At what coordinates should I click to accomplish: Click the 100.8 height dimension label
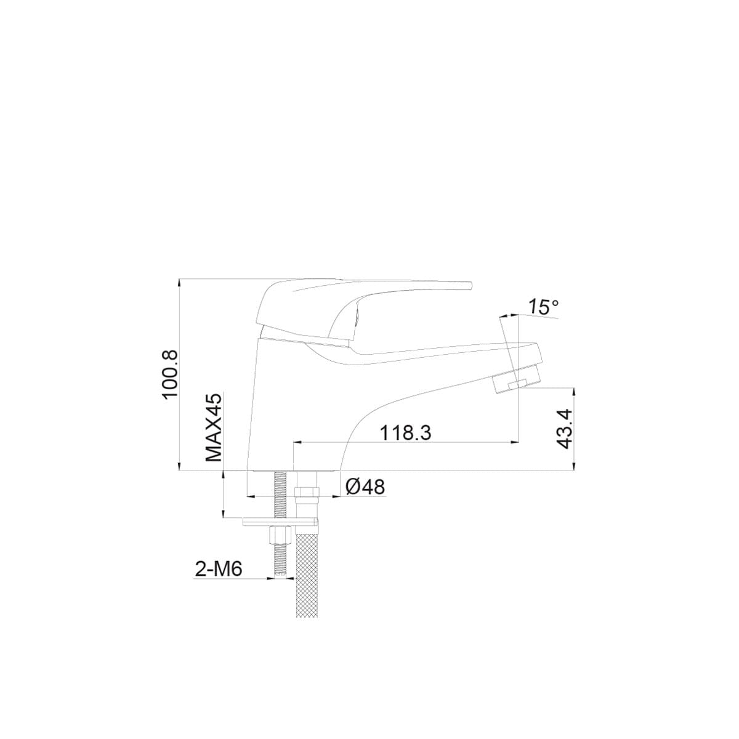(x=170, y=374)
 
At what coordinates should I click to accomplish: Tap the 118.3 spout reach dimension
(x=405, y=433)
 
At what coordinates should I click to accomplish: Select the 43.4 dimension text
(x=564, y=429)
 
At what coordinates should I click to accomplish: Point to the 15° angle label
(x=544, y=307)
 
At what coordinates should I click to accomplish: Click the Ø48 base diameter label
(x=365, y=487)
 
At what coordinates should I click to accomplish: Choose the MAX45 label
(x=213, y=429)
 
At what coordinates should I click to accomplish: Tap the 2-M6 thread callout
(x=218, y=570)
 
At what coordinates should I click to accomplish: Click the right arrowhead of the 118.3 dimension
(x=514, y=442)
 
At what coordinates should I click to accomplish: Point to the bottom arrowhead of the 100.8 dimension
(x=179, y=467)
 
